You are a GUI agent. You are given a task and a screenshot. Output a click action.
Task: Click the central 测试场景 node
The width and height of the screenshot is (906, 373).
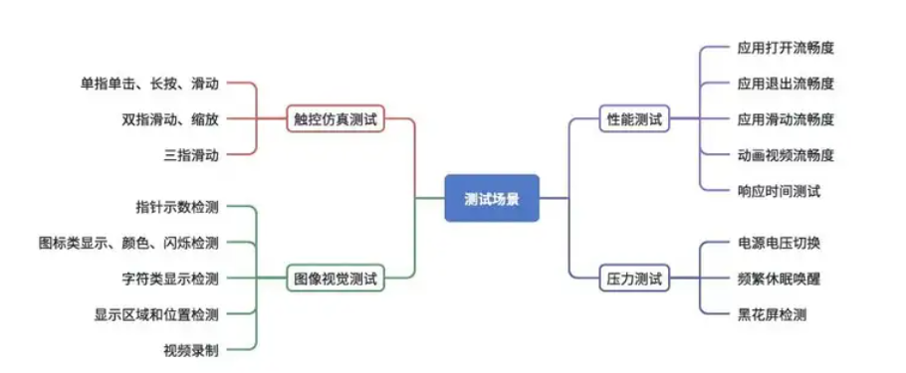(491, 198)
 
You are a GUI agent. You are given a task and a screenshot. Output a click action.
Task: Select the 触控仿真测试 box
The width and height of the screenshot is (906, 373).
(336, 118)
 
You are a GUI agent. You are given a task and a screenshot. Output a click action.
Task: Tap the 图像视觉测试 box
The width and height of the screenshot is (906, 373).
(336, 279)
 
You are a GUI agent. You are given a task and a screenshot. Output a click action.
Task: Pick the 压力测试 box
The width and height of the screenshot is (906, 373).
(633, 279)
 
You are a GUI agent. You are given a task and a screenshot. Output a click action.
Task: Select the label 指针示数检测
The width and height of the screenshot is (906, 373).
(177, 207)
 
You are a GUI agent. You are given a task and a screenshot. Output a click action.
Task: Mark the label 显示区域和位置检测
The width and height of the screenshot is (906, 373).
(156, 314)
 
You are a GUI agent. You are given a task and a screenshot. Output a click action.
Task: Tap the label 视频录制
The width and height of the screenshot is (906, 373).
(191, 350)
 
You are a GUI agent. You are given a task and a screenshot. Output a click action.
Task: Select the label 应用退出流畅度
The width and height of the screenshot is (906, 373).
(786, 83)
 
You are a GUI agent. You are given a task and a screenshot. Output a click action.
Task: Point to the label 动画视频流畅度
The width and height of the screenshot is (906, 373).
(786, 154)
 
